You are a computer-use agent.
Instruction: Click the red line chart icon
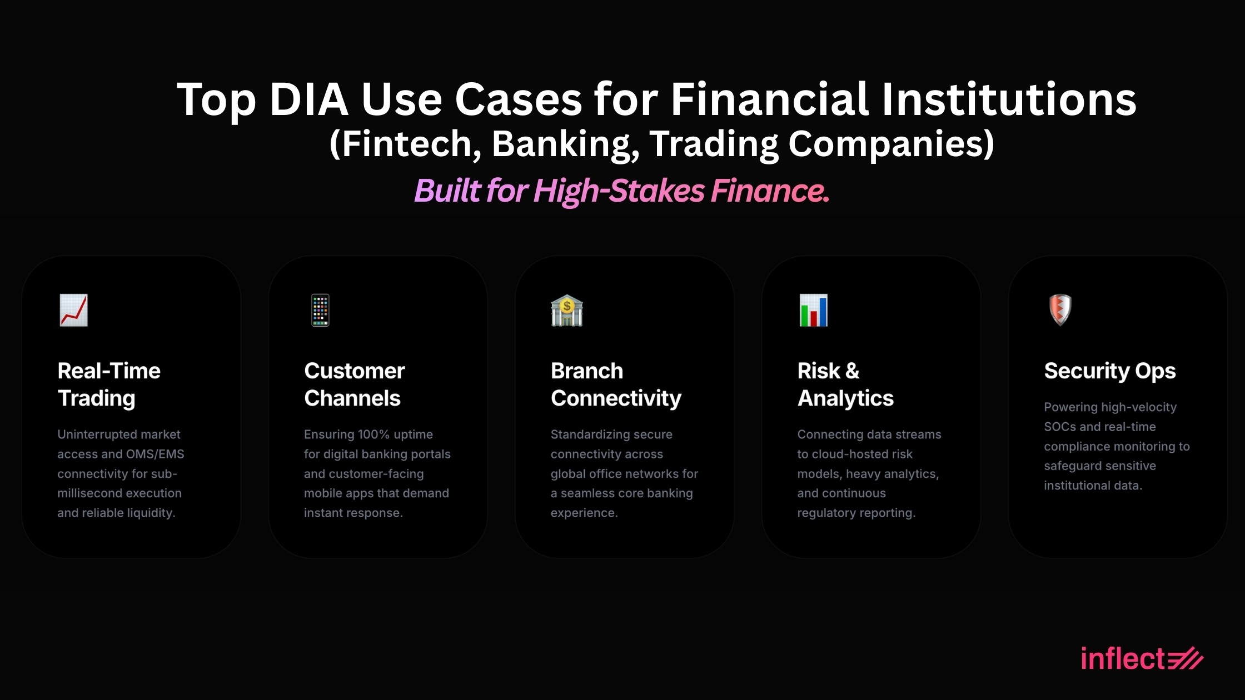coord(73,310)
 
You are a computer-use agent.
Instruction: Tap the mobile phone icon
coord(320,310)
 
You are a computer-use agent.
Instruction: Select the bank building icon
coord(567,310)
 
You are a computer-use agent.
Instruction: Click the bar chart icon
coord(814,310)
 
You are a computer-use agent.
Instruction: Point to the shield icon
coord(1060,310)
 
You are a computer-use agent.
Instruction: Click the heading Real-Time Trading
coord(109,384)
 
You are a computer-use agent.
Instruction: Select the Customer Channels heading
coord(355,384)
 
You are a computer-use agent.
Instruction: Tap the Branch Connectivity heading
coord(616,384)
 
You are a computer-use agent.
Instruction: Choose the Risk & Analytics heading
coord(845,384)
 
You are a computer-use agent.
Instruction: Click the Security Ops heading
coord(1110,371)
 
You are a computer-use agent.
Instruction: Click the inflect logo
coord(1142,658)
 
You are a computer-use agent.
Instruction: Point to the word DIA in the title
coord(309,99)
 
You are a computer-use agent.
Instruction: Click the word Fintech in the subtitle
coord(407,144)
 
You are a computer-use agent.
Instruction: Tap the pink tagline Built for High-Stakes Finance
coord(622,191)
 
